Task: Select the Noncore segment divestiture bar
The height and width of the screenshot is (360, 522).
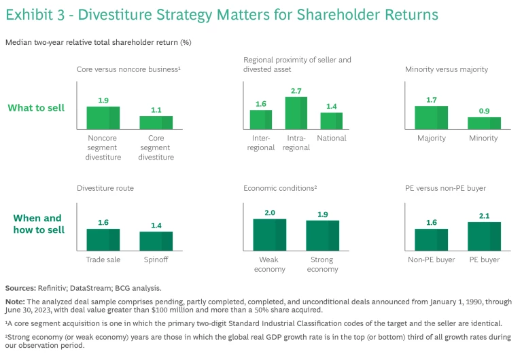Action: click(103, 118)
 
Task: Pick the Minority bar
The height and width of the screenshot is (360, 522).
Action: click(484, 123)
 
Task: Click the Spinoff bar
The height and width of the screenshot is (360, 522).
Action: click(156, 241)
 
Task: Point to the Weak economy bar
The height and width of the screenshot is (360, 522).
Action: click(270, 234)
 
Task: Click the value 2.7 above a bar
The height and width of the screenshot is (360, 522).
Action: click(296, 90)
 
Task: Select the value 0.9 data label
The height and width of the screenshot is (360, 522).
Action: click(484, 111)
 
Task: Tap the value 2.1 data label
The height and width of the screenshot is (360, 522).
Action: click(484, 215)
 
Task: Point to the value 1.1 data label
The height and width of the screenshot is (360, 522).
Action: click(156, 109)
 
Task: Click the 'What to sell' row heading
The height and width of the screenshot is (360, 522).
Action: click(36, 107)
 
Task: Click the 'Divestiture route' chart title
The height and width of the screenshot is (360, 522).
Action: click(105, 187)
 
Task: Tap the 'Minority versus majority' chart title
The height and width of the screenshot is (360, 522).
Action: click(447, 69)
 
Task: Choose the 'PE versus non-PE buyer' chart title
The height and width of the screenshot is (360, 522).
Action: click(445, 187)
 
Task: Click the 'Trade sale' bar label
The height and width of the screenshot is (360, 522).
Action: click(103, 259)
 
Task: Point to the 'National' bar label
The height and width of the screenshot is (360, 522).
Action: click(332, 138)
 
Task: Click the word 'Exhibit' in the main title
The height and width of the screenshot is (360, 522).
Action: click(28, 14)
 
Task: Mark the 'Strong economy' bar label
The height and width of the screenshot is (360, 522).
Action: click(322, 264)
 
